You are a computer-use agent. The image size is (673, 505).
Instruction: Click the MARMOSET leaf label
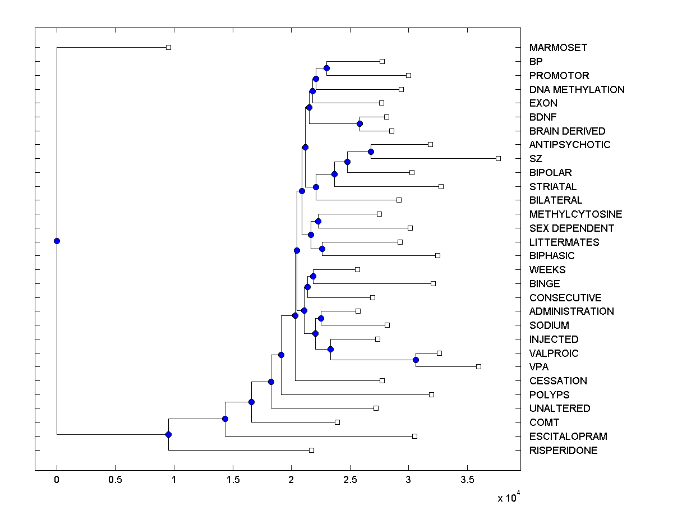coord(558,48)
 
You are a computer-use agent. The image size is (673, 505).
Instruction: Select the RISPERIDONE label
coord(563,451)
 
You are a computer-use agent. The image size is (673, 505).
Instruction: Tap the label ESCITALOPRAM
coord(568,437)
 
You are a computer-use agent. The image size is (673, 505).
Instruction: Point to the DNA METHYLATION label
coord(577,90)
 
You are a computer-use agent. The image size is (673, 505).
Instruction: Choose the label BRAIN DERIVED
coord(567,131)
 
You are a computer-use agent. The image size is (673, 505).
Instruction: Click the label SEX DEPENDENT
coord(571,228)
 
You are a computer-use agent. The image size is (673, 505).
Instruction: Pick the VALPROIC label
coord(554,353)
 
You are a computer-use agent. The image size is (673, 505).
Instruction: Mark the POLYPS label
coord(549,395)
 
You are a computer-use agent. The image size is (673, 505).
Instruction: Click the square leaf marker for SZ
coord(498,159)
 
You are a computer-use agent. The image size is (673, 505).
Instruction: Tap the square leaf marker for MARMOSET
coord(168,48)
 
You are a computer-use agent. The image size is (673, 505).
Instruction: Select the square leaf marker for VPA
coord(478,367)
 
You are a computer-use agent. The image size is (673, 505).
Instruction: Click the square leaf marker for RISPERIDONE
coord(311,450)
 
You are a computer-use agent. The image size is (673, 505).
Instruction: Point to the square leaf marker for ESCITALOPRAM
coord(414,436)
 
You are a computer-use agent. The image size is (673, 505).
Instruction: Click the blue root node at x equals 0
coord(57,241)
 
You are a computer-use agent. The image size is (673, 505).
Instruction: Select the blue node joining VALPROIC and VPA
coord(416,360)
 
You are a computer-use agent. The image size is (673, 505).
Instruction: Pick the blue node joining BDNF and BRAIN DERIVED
coord(360,124)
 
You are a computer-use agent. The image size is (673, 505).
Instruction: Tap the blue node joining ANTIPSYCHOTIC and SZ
coord(371,151)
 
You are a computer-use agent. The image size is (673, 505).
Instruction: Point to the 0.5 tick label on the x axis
coord(115,480)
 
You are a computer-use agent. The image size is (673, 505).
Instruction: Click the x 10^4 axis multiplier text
coord(509,497)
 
